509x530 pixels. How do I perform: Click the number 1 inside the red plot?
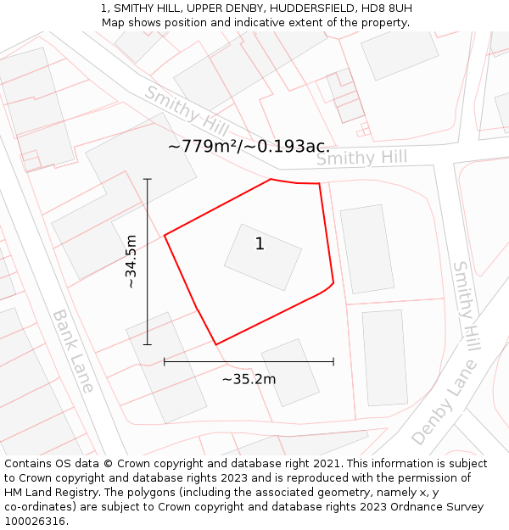point(260,244)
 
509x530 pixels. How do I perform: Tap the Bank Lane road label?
point(73,350)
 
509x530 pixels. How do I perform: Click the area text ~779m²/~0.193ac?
point(249,147)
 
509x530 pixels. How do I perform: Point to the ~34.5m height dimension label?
point(131,261)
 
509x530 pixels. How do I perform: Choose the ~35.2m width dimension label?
point(249,379)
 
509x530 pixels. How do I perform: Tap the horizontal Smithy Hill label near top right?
point(361,158)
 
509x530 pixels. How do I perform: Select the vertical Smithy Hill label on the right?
point(466,305)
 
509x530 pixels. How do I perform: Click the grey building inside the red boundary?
point(263,257)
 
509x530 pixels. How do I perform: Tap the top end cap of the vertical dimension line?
point(148,179)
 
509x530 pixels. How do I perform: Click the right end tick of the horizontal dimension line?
point(333,361)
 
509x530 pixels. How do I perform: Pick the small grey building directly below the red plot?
point(290,371)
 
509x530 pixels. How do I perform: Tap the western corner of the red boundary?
point(165,235)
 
